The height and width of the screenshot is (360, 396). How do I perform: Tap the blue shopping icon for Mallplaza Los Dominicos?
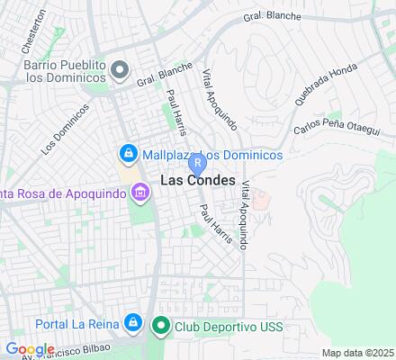click(x=129, y=155)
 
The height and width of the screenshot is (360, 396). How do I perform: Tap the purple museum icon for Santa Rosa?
click(x=139, y=192)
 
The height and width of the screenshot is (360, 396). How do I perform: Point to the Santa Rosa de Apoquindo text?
click(x=63, y=192)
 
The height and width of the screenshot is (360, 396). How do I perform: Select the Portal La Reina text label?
click(x=77, y=322)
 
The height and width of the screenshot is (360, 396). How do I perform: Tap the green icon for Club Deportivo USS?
click(x=161, y=325)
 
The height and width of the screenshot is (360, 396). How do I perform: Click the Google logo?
click(x=30, y=349)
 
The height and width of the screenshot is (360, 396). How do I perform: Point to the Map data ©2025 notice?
click(x=358, y=353)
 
